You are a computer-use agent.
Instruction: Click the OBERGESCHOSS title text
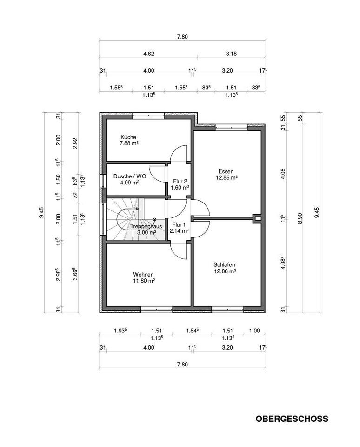click(x=292, y=419)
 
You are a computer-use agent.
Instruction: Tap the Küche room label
click(x=128, y=137)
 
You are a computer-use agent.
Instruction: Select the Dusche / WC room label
click(x=130, y=176)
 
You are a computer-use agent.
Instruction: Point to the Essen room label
click(x=226, y=171)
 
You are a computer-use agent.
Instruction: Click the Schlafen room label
click(x=225, y=265)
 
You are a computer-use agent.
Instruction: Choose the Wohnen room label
click(x=144, y=275)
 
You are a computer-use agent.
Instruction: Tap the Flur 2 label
click(x=180, y=181)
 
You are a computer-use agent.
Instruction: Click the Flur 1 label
click(x=179, y=224)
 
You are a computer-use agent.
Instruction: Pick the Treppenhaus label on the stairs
click(x=146, y=227)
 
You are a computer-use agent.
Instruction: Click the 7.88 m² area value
click(x=129, y=143)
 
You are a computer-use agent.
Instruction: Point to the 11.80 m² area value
click(x=144, y=281)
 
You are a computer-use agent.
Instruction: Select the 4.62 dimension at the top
click(x=149, y=54)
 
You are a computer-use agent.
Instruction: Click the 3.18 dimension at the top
click(x=231, y=54)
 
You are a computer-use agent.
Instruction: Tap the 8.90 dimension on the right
click(x=300, y=218)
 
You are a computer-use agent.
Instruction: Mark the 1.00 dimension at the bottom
click(x=254, y=331)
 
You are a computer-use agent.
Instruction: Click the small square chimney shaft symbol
click(x=258, y=219)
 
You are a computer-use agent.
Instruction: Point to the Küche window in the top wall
click(x=149, y=116)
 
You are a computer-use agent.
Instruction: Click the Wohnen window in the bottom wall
click(x=157, y=310)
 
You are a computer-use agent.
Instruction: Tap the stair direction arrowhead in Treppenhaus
click(x=138, y=209)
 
